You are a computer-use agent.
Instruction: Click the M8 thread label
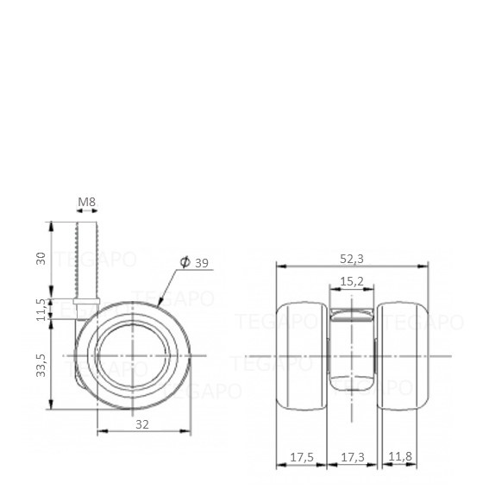tap(86, 202)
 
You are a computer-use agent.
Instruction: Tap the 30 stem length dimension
tap(41, 259)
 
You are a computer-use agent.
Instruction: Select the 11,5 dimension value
tap(41, 310)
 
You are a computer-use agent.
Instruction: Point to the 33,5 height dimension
tap(41, 366)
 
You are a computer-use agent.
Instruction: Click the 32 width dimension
tap(142, 424)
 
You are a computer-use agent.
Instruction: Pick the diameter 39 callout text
tap(194, 262)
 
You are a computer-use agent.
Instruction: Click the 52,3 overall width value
tap(352, 259)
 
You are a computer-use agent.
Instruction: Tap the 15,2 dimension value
tap(352, 281)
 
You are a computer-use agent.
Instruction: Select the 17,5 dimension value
tap(302, 457)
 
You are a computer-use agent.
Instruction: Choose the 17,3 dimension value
tap(353, 457)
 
